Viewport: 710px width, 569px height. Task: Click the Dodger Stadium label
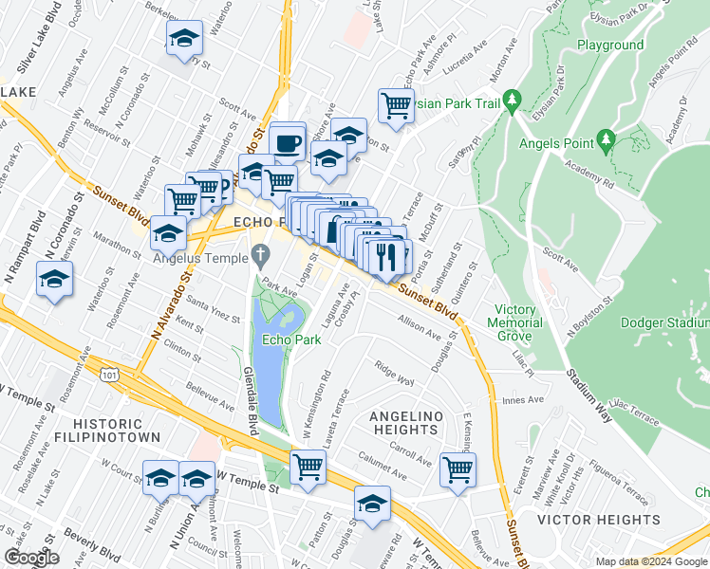[664, 322]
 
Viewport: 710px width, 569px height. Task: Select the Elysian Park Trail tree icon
[513, 99]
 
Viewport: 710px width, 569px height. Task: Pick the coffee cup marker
[288, 143]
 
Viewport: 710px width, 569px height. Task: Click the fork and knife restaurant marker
[387, 256]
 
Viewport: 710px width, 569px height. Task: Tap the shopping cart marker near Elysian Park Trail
[396, 105]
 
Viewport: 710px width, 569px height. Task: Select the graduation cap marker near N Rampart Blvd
[54, 280]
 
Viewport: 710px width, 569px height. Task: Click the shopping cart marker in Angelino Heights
[458, 468]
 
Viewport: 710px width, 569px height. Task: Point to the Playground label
[610, 45]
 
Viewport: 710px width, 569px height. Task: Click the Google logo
[30, 558]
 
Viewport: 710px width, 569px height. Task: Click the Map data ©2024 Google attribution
[651, 561]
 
